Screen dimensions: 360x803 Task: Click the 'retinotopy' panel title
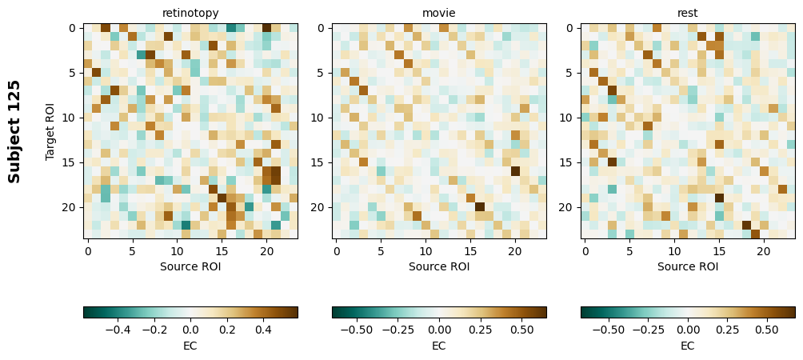tap(190, 13)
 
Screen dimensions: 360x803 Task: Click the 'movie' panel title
tap(439, 13)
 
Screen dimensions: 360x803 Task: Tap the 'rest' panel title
tap(688, 13)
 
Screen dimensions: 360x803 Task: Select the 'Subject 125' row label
tap(14, 131)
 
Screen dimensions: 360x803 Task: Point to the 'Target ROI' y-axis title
tap(50, 131)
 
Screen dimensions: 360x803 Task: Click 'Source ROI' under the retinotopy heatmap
tap(190, 266)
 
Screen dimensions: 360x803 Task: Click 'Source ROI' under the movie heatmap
tap(439, 266)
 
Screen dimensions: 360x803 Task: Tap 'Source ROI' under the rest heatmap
tap(688, 266)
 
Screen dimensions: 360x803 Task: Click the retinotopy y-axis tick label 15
tap(70, 162)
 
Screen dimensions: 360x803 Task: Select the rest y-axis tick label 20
tap(567, 207)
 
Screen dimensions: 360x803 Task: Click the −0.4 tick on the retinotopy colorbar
tap(118, 329)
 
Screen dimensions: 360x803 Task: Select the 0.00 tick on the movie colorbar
tap(439, 329)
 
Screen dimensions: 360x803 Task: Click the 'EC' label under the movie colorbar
tap(439, 346)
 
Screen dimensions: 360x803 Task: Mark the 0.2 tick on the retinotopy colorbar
tap(226, 329)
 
